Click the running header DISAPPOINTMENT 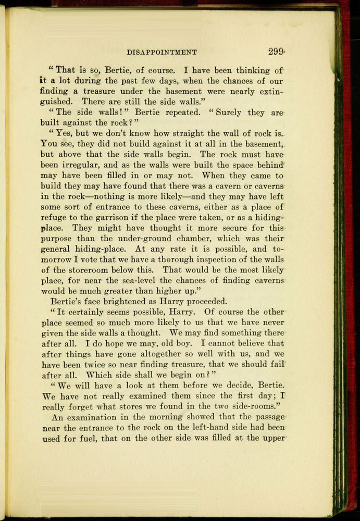pyautogui.click(x=162, y=52)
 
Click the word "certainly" pyautogui.click(x=89, y=312)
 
